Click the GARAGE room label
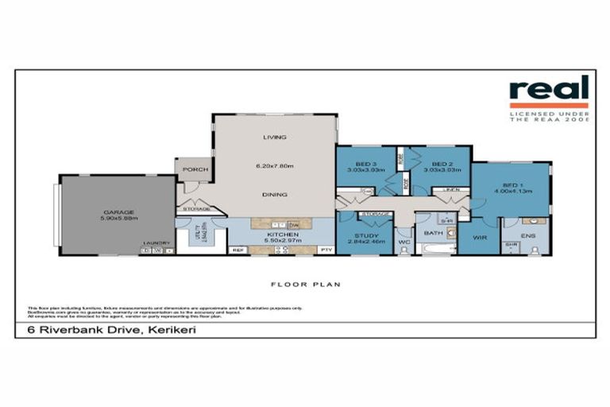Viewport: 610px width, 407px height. (x=116, y=212)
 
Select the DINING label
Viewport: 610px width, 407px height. (x=275, y=194)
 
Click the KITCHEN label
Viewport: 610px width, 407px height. (x=282, y=235)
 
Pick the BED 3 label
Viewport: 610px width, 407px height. (x=365, y=162)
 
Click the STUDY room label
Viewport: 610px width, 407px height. (x=365, y=235)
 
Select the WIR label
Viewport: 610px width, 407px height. (x=478, y=236)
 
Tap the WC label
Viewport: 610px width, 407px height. (x=403, y=241)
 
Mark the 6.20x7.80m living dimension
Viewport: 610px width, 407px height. (x=275, y=165)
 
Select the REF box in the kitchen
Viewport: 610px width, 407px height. (x=237, y=250)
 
